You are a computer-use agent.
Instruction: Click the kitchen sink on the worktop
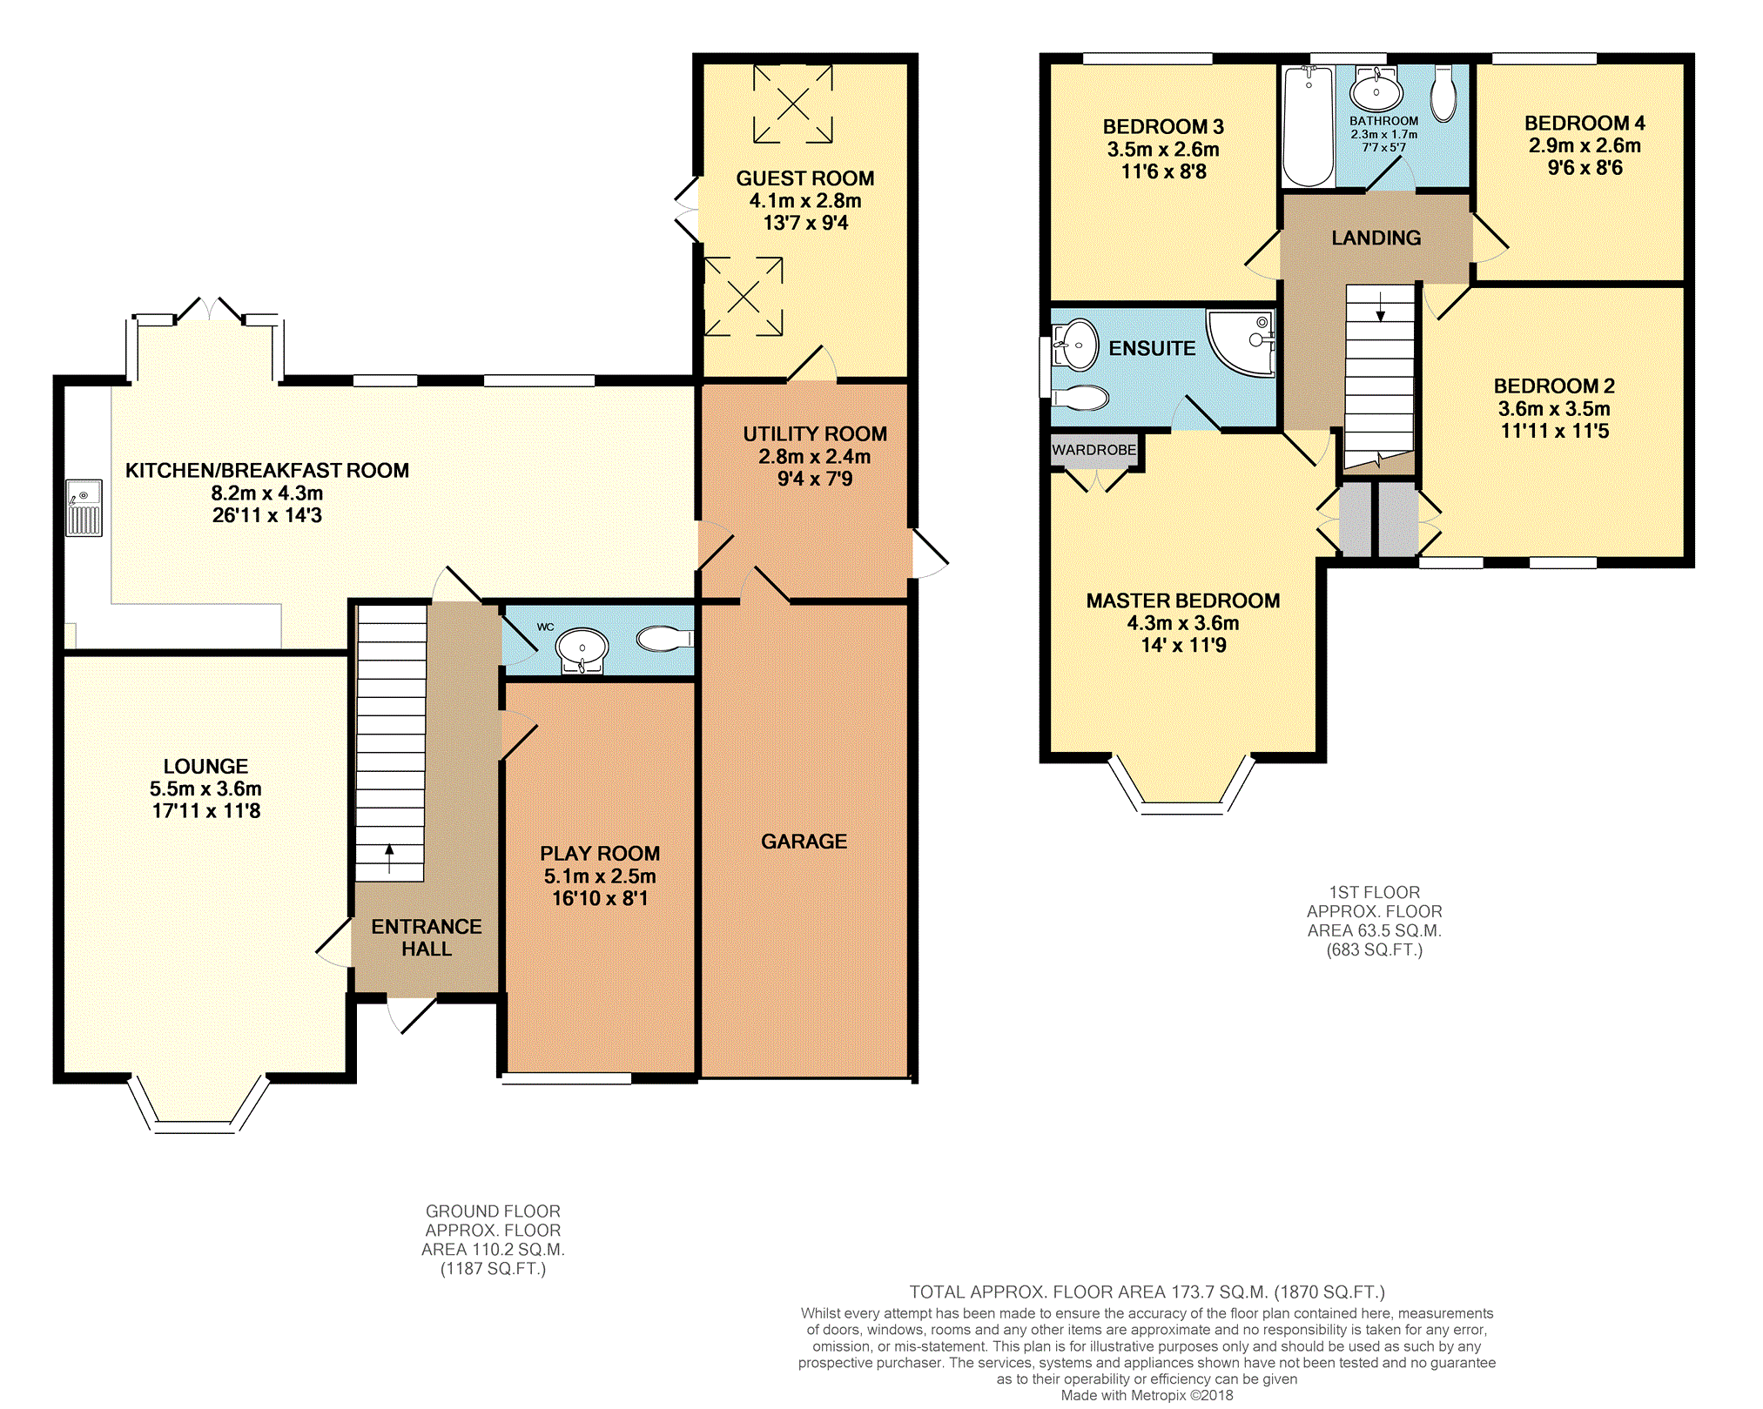click(84, 508)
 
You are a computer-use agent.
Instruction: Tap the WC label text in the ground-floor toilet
click(546, 627)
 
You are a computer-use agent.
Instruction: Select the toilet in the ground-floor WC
click(665, 640)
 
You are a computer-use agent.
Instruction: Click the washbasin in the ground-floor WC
click(582, 650)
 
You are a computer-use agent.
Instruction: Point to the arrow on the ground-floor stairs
click(389, 858)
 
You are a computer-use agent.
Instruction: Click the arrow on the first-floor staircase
click(1380, 306)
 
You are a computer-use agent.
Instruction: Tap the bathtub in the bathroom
click(1309, 126)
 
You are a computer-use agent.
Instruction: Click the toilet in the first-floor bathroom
click(1443, 93)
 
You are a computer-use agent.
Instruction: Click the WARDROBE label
click(1094, 450)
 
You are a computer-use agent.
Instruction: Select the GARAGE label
click(804, 842)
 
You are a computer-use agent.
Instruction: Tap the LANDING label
click(1376, 238)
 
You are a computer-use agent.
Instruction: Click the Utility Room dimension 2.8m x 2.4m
click(815, 456)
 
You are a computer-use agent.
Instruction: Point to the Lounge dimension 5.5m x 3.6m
click(205, 788)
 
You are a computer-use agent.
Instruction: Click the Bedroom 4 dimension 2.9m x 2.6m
click(1585, 145)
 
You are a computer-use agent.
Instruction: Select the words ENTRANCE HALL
click(427, 937)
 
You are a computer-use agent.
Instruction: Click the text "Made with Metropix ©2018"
click(1147, 1395)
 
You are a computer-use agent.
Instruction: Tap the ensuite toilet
click(1080, 398)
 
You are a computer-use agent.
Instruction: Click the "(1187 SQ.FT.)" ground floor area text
click(493, 1269)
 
